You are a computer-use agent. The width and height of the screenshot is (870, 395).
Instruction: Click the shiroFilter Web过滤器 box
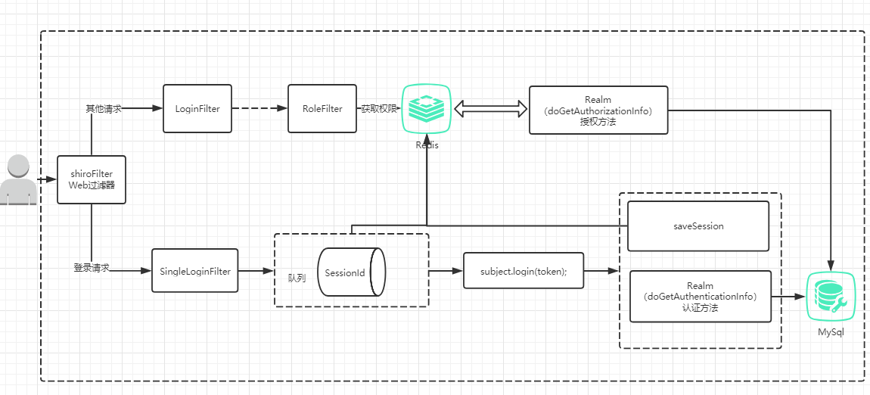click(x=92, y=179)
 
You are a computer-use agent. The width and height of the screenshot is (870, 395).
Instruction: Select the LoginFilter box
click(x=197, y=109)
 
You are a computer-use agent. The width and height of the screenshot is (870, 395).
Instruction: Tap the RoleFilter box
click(x=322, y=109)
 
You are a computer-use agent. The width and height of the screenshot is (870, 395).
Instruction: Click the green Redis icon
click(x=427, y=108)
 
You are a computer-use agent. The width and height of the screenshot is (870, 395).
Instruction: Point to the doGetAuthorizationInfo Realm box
click(x=598, y=110)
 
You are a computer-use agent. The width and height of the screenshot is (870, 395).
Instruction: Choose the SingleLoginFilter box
click(x=194, y=271)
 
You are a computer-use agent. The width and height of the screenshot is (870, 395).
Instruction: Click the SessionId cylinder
click(x=352, y=272)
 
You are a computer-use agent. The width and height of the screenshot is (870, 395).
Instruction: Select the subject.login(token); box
click(x=523, y=271)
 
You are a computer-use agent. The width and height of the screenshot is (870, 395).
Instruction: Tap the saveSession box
click(x=698, y=225)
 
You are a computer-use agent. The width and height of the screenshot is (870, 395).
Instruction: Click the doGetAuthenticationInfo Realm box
click(x=700, y=297)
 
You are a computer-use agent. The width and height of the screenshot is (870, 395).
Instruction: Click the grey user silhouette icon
click(x=17, y=180)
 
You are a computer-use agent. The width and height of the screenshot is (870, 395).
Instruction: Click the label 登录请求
click(x=92, y=268)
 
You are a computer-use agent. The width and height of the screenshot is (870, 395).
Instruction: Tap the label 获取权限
click(x=378, y=109)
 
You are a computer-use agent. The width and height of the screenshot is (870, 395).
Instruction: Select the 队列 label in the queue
click(x=297, y=278)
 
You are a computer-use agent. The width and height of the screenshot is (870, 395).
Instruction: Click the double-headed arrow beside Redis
click(x=489, y=110)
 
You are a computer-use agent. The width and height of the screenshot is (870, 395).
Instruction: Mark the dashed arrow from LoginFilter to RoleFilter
click(x=259, y=109)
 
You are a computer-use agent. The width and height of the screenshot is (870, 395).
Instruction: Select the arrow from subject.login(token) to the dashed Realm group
click(x=601, y=270)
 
